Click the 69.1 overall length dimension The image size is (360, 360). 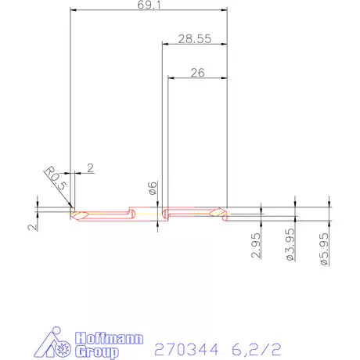148,5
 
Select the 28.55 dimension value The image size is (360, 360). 193,38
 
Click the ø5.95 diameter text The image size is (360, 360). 323,247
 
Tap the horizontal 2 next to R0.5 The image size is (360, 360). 91,167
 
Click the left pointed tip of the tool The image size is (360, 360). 71,214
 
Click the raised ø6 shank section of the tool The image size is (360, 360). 146,211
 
